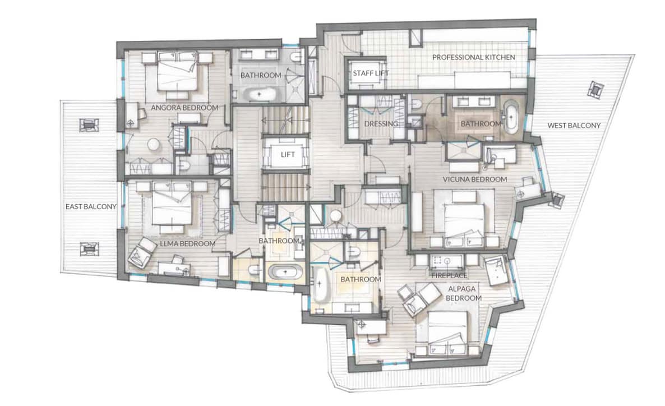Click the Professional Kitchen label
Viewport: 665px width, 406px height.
474,57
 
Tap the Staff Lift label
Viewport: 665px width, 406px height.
371,73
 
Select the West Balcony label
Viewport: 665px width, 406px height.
574,126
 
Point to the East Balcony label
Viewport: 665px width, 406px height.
91,206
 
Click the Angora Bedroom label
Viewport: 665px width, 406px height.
184,108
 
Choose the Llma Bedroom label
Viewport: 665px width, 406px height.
187,244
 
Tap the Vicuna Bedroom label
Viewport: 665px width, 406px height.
475,179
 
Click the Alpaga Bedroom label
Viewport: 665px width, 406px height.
463,293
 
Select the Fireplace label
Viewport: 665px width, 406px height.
449,276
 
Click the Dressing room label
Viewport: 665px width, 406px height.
381,124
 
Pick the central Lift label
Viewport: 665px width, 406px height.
288,155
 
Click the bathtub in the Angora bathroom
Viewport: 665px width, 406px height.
260,94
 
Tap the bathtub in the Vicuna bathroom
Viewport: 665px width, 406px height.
510,117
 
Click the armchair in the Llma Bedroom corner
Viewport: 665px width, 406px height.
140,253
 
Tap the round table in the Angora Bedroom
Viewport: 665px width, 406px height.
153,145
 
